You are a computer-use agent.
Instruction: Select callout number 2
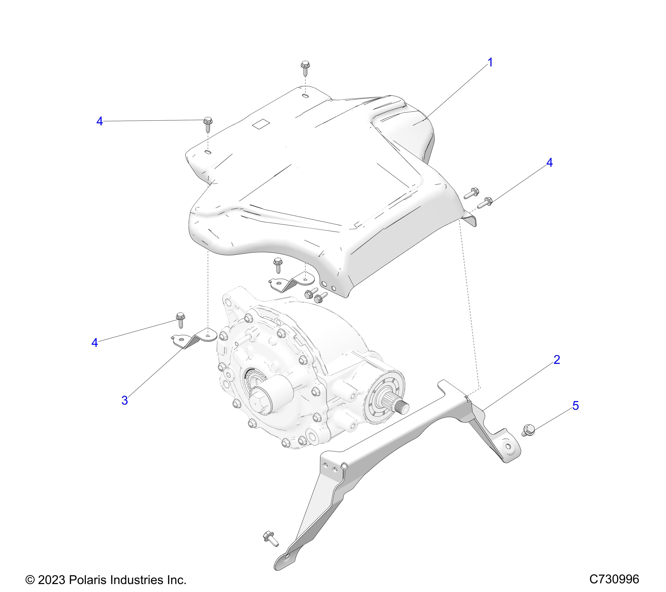(556, 360)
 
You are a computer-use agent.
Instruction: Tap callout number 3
(125, 400)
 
